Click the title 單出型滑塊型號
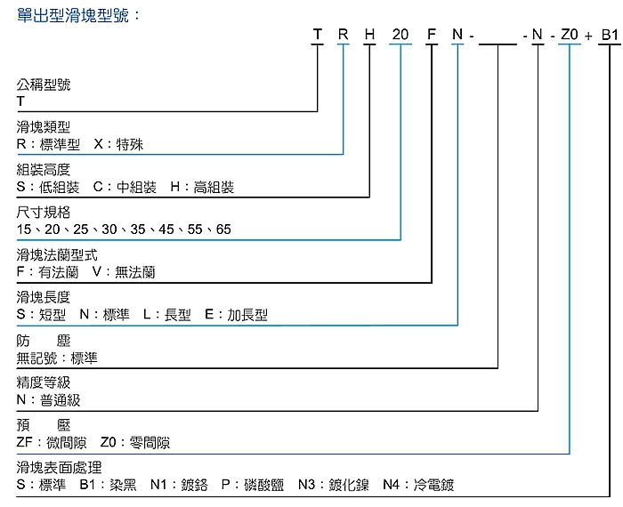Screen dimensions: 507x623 (x=78, y=15)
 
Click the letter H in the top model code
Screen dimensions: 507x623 (x=370, y=36)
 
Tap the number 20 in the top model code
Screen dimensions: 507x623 (x=400, y=36)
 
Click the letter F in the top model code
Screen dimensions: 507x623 (x=431, y=36)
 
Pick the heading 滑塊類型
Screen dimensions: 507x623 (x=44, y=127)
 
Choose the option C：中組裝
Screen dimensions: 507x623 (x=124, y=188)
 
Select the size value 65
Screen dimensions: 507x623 (x=222, y=229)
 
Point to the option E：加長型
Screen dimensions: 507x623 (x=235, y=315)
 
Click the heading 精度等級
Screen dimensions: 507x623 (x=44, y=383)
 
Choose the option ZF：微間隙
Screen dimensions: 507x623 (x=49, y=443)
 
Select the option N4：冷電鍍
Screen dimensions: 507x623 (x=418, y=486)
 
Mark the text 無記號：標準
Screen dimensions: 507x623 (x=57, y=358)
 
